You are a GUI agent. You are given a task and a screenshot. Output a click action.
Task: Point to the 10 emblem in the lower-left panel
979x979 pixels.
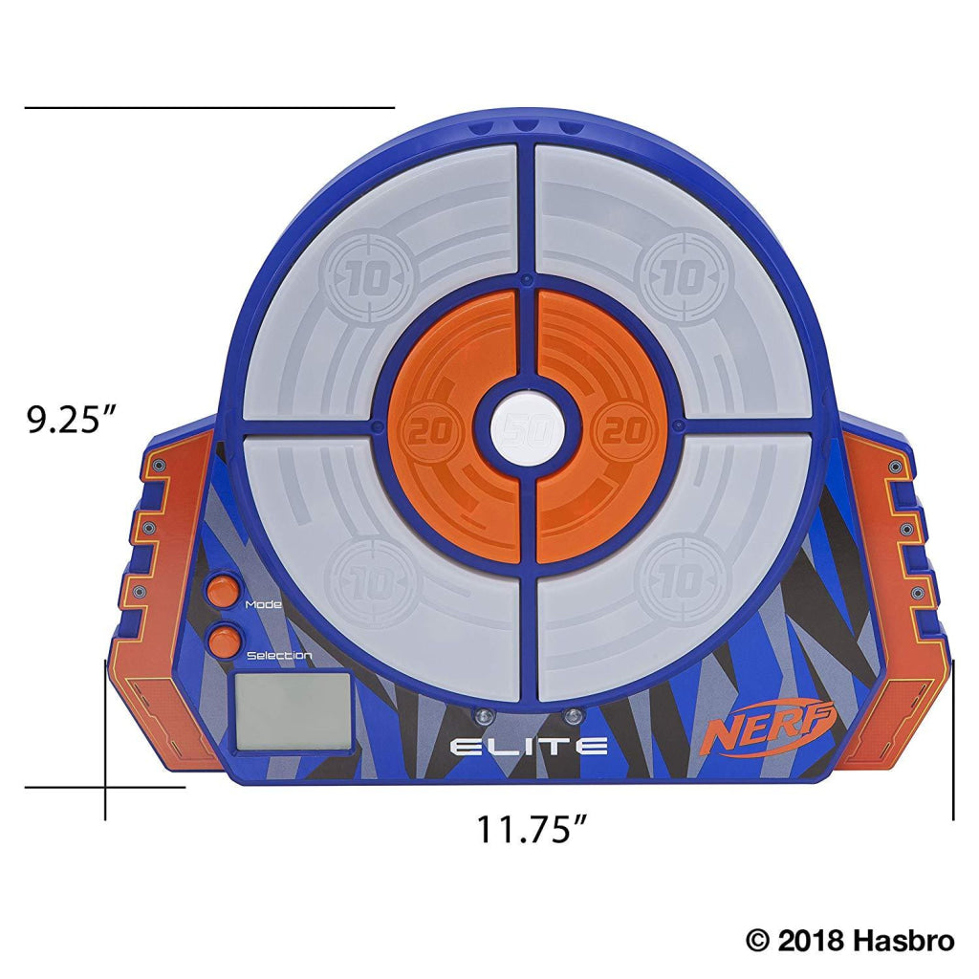(367, 580)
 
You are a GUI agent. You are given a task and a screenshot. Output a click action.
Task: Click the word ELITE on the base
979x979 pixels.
(528, 746)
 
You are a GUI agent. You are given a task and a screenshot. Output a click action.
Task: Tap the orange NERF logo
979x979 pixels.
(770, 730)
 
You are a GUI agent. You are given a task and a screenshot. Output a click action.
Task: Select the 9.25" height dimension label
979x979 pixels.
(72, 420)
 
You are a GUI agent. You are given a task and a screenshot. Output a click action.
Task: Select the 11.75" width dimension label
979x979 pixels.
(532, 828)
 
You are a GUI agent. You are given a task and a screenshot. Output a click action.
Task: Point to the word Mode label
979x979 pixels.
(263, 604)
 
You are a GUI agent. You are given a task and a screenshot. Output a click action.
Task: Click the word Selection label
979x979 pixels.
(278, 655)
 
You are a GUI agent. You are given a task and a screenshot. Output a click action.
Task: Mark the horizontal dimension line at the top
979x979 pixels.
(209, 108)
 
